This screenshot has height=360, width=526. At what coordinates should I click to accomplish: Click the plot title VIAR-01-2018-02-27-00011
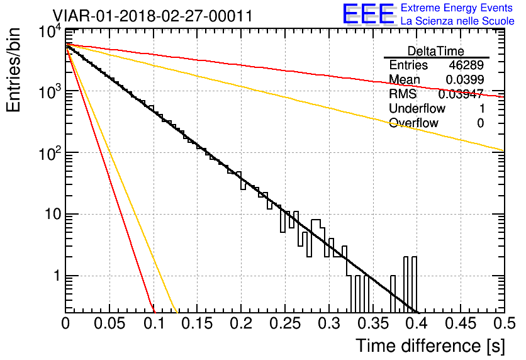[153, 16]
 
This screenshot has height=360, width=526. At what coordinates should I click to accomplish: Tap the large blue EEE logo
[368, 14]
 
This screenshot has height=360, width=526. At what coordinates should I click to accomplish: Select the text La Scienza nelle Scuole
[457, 21]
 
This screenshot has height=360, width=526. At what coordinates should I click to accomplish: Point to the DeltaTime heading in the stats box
[435, 51]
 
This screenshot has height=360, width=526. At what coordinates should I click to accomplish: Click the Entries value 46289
[466, 65]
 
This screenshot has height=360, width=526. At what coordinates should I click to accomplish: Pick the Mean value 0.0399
[464, 80]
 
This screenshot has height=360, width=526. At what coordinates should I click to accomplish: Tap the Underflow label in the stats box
[417, 108]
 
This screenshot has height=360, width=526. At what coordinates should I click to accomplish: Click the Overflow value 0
[480, 123]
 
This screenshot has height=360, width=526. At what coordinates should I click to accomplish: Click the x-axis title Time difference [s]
[429, 345]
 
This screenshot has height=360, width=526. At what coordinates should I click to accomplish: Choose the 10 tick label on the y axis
[50, 215]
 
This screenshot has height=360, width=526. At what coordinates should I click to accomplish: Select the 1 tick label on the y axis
[55, 276]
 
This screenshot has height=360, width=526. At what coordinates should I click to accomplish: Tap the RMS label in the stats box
[403, 94]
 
